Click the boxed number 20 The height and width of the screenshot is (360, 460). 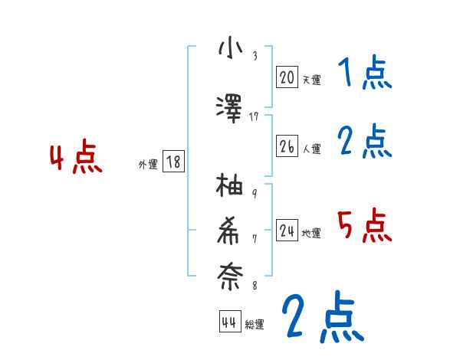tap(287, 77)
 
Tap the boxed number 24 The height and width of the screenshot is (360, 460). tap(287, 231)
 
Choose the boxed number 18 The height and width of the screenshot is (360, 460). tap(173, 162)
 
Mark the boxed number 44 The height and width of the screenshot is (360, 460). tap(228, 322)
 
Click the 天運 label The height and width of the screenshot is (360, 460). tap(311, 79)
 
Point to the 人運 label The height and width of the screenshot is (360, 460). tap(311, 149)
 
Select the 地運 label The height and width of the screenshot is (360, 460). tap(311, 233)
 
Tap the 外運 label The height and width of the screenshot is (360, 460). tap(148, 164)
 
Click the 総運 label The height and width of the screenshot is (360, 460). tap(255, 325)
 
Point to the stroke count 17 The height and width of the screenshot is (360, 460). tap(255, 116)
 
